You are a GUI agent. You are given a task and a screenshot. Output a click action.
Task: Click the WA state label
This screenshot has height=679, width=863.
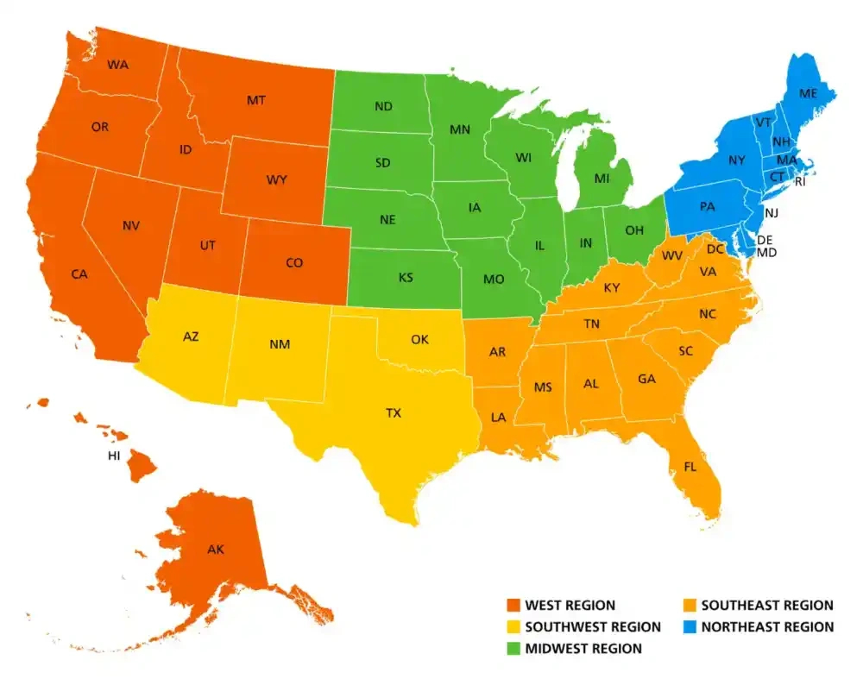pyautogui.click(x=117, y=65)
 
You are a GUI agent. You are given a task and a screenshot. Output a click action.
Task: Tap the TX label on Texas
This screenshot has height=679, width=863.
pyautogui.click(x=394, y=413)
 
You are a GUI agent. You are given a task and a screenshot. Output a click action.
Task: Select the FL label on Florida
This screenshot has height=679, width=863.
pyautogui.click(x=690, y=467)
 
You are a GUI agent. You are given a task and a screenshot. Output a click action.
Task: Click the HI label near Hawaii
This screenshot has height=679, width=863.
pyautogui.click(x=114, y=456)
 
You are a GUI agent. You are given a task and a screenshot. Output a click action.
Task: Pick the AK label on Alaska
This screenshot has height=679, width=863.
pyautogui.click(x=215, y=549)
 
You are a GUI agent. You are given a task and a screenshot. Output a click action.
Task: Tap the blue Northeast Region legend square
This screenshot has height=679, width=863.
pyautogui.click(x=688, y=627)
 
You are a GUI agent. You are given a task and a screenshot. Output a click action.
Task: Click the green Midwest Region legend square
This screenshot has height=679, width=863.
pyautogui.click(x=512, y=648)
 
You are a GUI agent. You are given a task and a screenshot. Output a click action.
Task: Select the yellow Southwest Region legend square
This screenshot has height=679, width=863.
pyautogui.click(x=512, y=627)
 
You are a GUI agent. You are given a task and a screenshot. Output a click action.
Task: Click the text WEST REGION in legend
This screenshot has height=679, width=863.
pyautogui.click(x=570, y=606)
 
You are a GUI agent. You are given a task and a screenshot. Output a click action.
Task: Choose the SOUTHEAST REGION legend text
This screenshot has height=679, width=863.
pyautogui.click(x=767, y=606)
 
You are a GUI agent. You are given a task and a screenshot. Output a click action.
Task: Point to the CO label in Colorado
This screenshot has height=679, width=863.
pyautogui.click(x=293, y=263)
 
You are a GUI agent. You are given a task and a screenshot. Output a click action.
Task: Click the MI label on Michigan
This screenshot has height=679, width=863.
pyautogui.click(x=602, y=179)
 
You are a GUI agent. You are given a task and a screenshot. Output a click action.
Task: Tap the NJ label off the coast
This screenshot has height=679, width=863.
pyautogui.click(x=772, y=212)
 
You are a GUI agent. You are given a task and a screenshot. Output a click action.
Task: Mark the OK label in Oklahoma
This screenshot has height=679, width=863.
pyautogui.click(x=419, y=340)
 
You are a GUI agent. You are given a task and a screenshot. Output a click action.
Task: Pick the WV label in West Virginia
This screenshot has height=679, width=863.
pyautogui.click(x=672, y=256)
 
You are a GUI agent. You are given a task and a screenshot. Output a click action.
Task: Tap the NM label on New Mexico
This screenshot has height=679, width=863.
pyautogui.click(x=279, y=344)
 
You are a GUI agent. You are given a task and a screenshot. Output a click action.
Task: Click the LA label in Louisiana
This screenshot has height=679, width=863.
pyautogui.click(x=499, y=417)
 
